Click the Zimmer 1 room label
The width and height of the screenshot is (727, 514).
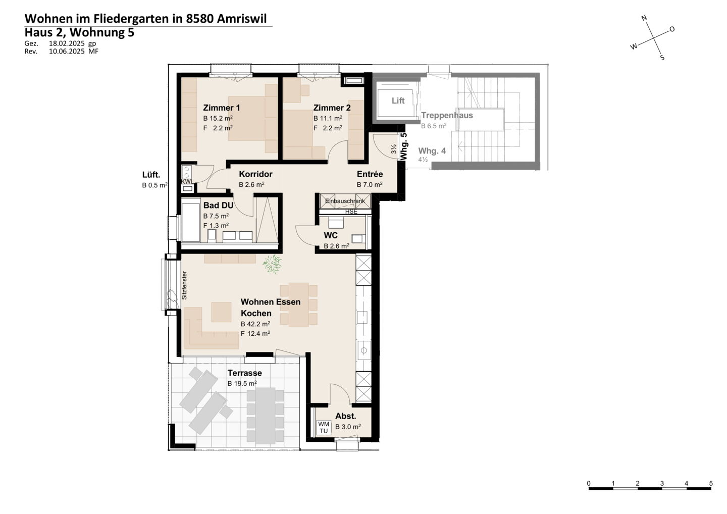(221, 108)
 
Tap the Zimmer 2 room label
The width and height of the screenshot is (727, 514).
(332, 108)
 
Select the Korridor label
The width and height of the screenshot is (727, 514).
(256, 174)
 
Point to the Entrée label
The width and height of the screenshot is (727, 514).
(370, 174)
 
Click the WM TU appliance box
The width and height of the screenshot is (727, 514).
(324, 428)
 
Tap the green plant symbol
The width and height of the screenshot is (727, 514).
(272, 264)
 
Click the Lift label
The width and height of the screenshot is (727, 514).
(398, 101)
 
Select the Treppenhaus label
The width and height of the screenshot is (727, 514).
(447, 116)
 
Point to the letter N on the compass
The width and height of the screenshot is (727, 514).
(644, 18)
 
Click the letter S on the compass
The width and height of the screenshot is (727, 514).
(662, 58)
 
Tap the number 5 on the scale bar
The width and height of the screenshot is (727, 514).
(711, 484)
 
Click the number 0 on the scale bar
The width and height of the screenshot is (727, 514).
(589, 484)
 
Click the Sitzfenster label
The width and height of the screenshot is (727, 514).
(184, 286)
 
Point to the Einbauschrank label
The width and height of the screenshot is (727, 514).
(345, 201)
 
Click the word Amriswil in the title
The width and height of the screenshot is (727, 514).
(241, 19)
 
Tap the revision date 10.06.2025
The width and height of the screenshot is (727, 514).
(67, 52)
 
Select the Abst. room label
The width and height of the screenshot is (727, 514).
(346, 417)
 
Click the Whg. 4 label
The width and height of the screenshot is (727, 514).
(432, 151)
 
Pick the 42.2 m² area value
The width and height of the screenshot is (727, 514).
(258, 324)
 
